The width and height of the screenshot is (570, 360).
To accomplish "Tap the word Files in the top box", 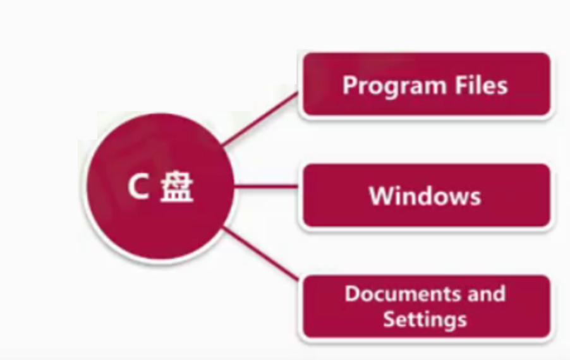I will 483,85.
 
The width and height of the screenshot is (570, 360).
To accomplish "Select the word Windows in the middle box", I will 425,196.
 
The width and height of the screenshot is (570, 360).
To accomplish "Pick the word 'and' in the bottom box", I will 487,294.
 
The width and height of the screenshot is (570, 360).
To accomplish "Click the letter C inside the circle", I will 138,188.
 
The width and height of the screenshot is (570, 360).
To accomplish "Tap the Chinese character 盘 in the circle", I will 177,188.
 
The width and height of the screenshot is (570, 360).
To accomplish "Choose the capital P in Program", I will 349,85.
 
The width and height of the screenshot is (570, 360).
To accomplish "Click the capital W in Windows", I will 380,196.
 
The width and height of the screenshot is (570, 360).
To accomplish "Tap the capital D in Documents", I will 352,294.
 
